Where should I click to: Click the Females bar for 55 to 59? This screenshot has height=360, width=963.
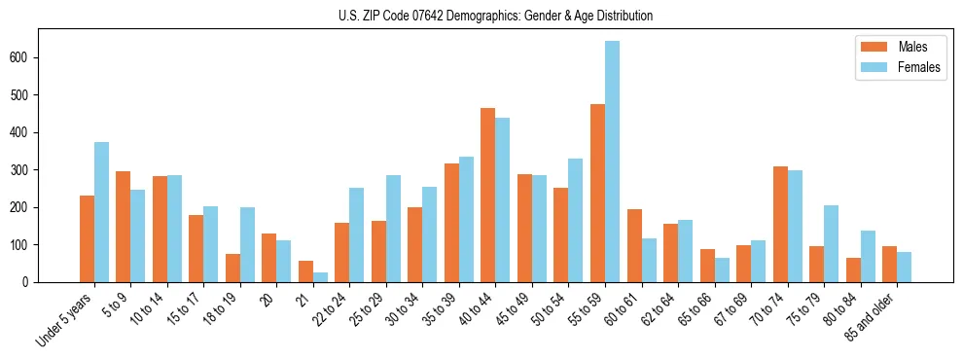[x=612, y=162]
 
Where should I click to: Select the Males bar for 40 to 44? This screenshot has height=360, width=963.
[x=488, y=195]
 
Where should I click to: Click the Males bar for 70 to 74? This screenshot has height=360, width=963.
[x=780, y=224]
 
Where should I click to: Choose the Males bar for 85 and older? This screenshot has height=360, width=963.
[x=889, y=264]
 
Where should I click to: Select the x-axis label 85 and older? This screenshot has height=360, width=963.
[x=872, y=317]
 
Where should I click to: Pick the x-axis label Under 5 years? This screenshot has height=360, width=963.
[x=65, y=318]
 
